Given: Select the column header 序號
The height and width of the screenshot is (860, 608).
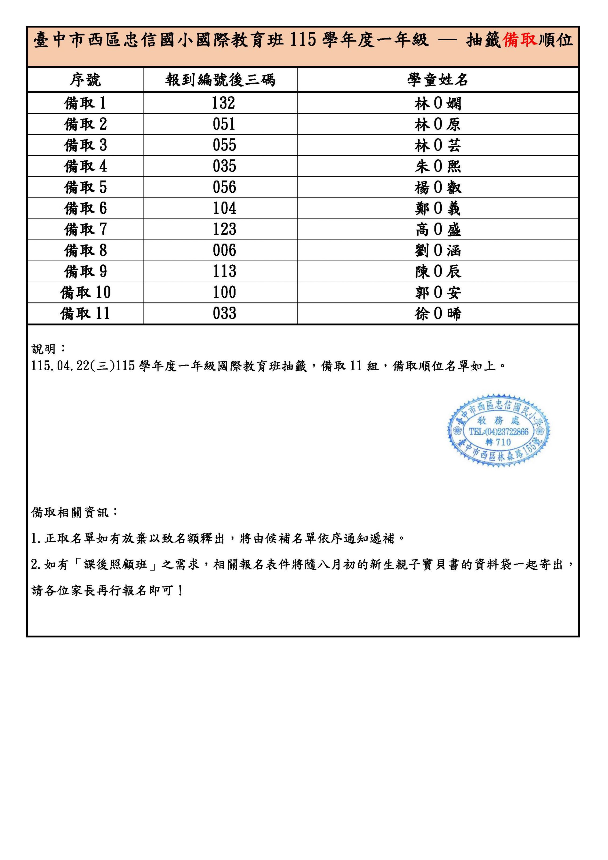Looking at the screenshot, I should (85, 80).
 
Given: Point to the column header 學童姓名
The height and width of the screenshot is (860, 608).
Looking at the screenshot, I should (438, 80).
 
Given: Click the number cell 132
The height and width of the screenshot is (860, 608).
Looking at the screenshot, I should (224, 103).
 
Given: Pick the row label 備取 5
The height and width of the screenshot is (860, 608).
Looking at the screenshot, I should (85, 187).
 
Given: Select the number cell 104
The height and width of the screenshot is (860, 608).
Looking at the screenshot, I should (224, 208).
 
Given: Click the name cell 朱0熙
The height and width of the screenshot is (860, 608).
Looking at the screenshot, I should (438, 166).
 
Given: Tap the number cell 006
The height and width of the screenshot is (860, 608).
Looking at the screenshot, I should (224, 250).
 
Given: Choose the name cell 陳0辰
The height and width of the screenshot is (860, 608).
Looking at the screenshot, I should (438, 271).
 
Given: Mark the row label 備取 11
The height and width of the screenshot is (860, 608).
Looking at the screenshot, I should (85, 314).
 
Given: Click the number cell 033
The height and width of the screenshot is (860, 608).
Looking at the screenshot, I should (224, 314).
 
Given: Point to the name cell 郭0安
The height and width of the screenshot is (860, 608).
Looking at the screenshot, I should (438, 293).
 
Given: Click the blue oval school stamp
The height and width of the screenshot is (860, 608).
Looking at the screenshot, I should (499, 430).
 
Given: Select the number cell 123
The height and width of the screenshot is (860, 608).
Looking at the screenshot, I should (224, 229).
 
